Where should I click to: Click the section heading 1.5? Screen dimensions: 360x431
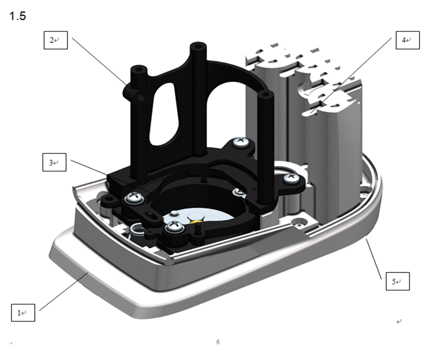17,16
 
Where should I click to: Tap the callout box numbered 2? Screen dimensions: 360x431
55,40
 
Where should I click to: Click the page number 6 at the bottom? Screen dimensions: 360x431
218,342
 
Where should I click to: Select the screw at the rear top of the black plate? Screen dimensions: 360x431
240,142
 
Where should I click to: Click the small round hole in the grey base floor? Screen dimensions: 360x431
298,222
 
